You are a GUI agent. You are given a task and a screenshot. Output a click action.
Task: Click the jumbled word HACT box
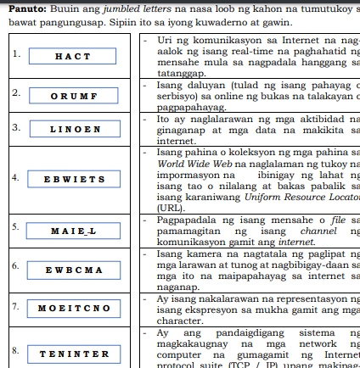pyautogui.click(x=70, y=56)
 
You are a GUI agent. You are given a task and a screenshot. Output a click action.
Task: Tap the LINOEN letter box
pyautogui.click(x=70, y=131)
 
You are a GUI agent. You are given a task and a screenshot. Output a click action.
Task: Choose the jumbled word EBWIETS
pyautogui.click(x=70, y=181)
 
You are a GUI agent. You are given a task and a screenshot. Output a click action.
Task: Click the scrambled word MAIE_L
pyautogui.click(x=70, y=231)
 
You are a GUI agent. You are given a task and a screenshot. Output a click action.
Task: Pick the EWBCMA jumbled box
pyautogui.click(x=70, y=270)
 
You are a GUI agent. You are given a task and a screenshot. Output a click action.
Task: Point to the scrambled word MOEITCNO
pyautogui.click(x=70, y=305)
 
